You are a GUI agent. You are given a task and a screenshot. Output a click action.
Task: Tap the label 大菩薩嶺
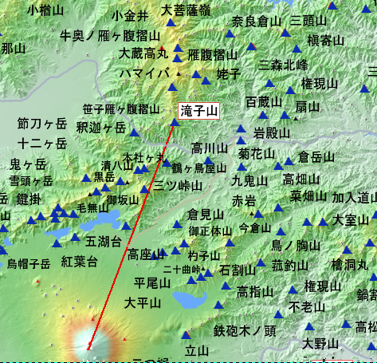pyautogui.click(x=186, y=11)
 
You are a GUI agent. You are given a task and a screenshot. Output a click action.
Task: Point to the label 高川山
pyautogui.click(x=210, y=148)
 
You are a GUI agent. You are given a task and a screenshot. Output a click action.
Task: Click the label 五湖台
pyautogui.click(x=103, y=240)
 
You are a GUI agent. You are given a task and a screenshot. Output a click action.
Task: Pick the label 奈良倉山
pyautogui.click(x=257, y=21)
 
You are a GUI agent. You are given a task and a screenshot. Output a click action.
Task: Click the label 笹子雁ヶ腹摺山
pyautogui.click(x=126, y=109)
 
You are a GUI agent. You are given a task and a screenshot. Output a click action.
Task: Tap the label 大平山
pyautogui.click(x=143, y=302)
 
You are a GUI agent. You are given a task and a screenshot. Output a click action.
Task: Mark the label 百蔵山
pyautogui.click(x=264, y=102)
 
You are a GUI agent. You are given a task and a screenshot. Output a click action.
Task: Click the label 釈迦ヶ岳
pyautogui.click(x=101, y=127)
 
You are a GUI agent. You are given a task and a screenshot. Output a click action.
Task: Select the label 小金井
pyautogui.click(x=130, y=15)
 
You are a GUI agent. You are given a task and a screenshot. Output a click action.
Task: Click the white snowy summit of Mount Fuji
pyautogui.click(x=88, y=344)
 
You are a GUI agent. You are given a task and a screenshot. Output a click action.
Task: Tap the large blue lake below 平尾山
pyautogui.click(x=189, y=301)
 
